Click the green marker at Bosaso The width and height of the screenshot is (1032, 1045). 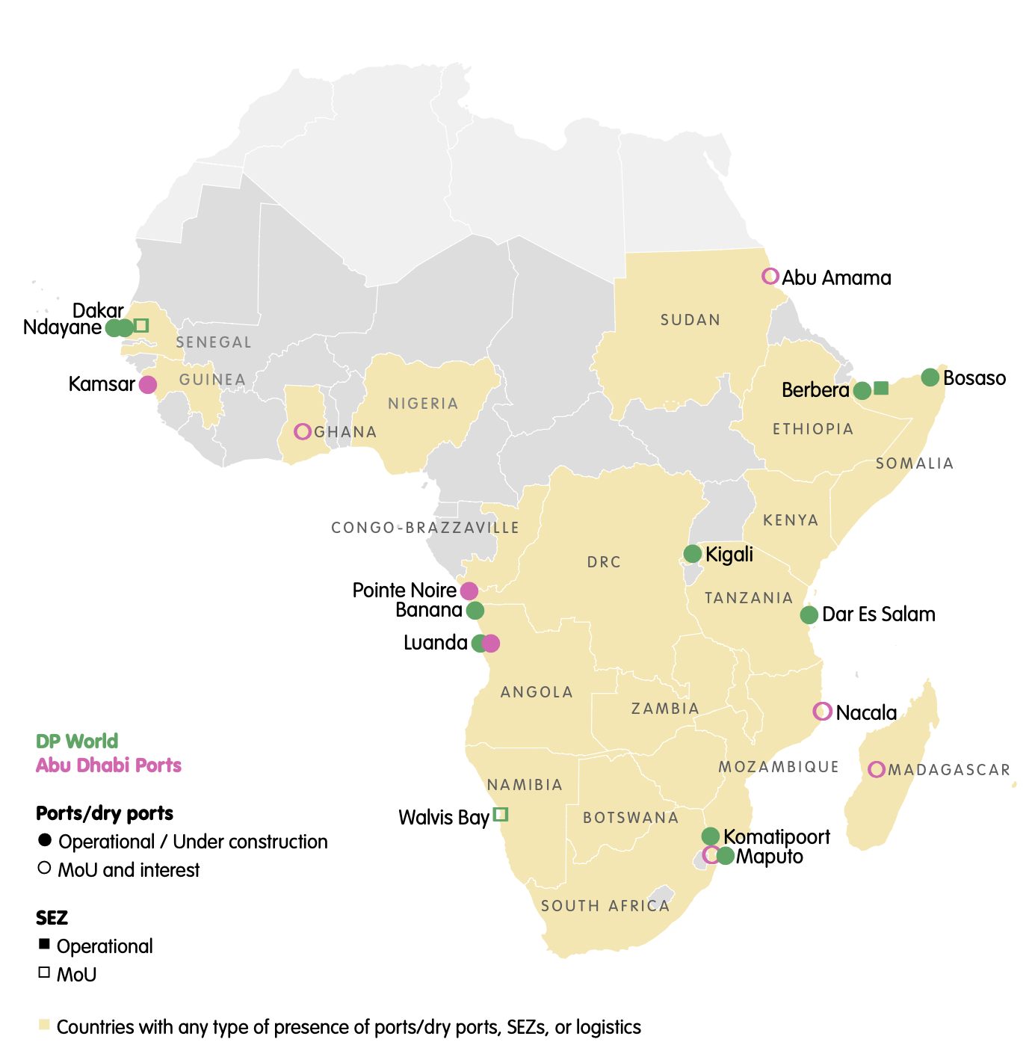click(x=930, y=377)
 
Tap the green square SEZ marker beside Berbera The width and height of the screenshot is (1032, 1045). click(x=881, y=388)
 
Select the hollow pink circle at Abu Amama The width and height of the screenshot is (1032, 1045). click(x=770, y=277)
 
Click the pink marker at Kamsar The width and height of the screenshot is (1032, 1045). click(x=148, y=384)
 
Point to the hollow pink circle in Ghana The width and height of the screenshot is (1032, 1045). click(x=303, y=431)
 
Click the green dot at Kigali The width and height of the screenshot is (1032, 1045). click(x=693, y=554)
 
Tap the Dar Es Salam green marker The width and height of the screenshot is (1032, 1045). click(x=809, y=614)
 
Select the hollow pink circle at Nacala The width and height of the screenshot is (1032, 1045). click(x=822, y=712)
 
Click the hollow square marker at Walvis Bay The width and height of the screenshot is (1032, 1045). click(x=501, y=814)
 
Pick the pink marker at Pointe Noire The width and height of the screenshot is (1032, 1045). click(x=469, y=591)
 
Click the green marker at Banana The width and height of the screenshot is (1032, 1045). click(x=475, y=611)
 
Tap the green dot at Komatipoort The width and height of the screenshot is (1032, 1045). click(x=711, y=836)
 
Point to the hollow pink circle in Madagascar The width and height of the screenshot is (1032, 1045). click(x=877, y=769)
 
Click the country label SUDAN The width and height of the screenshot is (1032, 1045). click(x=690, y=320)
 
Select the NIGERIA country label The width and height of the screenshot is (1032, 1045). click(x=423, y=404)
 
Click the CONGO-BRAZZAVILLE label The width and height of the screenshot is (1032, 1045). click(x=425, y=528)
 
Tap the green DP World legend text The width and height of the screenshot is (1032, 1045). click(x=77, y=741)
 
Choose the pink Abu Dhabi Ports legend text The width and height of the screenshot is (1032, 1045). click(x=109, y=765)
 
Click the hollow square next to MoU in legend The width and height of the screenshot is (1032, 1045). click(x=44, y=972)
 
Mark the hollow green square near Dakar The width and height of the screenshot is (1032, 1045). click(x=141, y=325)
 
